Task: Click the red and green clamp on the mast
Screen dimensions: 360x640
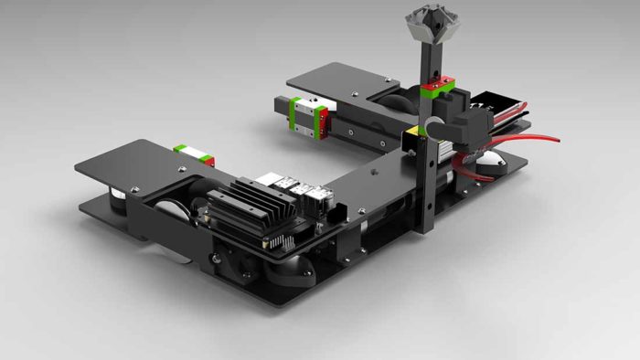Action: pyautogui.click(x=438, y=88)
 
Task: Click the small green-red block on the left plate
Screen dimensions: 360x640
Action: pyautogui.click(x=193, y=153)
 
